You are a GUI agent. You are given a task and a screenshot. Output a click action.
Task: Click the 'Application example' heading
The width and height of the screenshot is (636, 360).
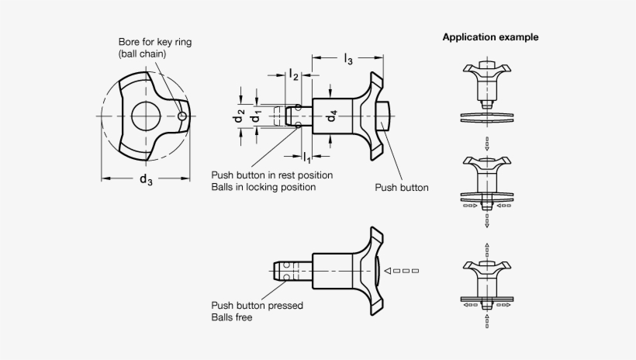[490, 37]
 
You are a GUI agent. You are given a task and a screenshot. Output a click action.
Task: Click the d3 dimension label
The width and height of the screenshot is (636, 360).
[145, 181]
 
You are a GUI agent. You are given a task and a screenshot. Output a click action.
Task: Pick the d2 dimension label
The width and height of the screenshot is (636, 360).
[241, 117]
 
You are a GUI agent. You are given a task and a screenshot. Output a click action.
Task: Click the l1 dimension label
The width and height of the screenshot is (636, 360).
[306, 157]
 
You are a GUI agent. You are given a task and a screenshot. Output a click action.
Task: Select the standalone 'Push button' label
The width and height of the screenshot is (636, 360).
[402, 187]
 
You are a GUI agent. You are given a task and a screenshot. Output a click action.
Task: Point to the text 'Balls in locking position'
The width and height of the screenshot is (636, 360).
[263, 187]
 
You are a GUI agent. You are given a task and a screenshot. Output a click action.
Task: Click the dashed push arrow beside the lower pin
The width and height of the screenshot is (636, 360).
[406, 272]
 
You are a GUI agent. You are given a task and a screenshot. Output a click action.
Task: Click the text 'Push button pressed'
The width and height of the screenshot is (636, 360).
[257, 306]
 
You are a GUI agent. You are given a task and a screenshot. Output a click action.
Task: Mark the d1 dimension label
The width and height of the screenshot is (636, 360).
[256, 117]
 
